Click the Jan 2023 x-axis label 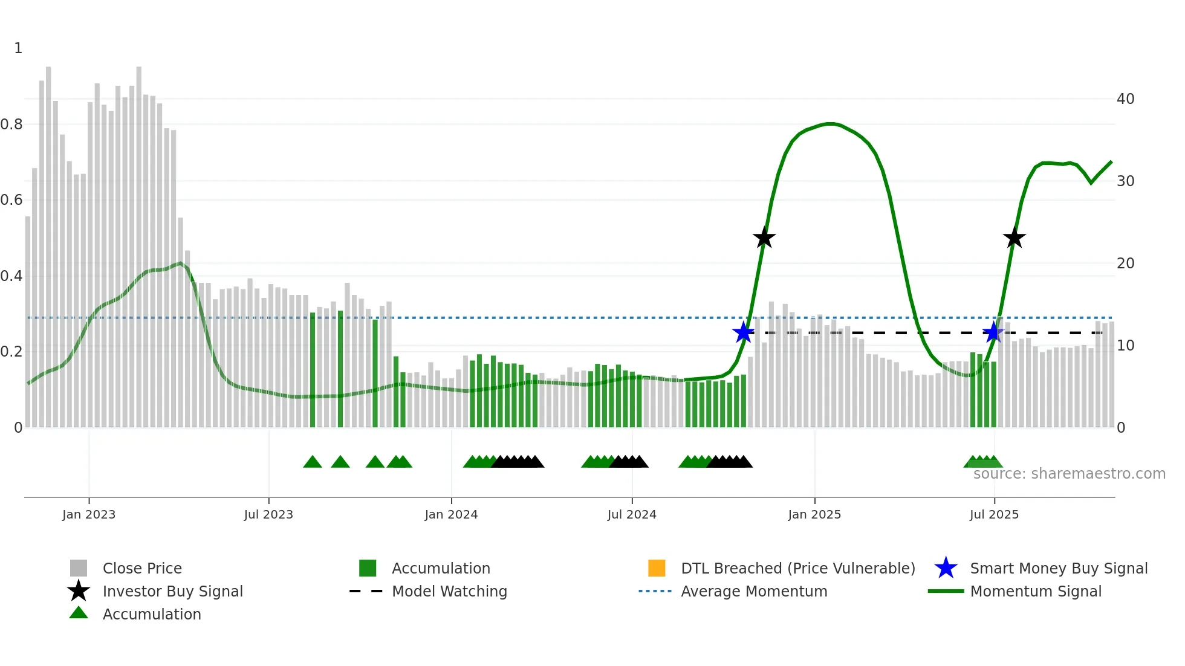tap(88, 514)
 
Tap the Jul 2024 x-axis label tap(632, 514)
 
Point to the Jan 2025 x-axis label tap(814, 514)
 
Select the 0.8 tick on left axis tap(11, 124)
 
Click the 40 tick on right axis tap(1125, 99)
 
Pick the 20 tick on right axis tap(1125, 263)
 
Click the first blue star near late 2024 tap(743, 332)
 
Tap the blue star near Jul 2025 tap(993, 332)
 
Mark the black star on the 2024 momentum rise tap(764, 238)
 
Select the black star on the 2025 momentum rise tap(1015, 238)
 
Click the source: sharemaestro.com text tap(1069, 474)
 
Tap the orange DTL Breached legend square tap(657, 568)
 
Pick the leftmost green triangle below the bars tap(313, 462)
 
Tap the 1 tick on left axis tap(18, 48)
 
